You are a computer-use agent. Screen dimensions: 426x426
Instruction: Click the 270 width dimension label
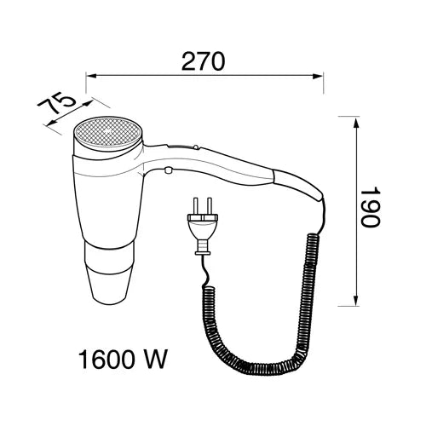pyautogui.click(x=203, y=61)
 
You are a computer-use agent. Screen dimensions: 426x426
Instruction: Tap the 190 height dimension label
pyautogui.click(x=370, y=207)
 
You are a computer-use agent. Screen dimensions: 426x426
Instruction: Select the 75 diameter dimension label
pyautogui.click(x=57, y=103)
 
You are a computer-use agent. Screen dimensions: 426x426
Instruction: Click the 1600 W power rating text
pyautogui.click(x=123, y=360)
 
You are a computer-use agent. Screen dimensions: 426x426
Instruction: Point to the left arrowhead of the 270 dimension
pyautogui.click(x=90, y=76)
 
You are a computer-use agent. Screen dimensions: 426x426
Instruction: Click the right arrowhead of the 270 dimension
pyautogui.click(x=319, y=76)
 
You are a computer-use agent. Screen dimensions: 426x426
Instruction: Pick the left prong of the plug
pyautogui.click(x=195, y=206)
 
